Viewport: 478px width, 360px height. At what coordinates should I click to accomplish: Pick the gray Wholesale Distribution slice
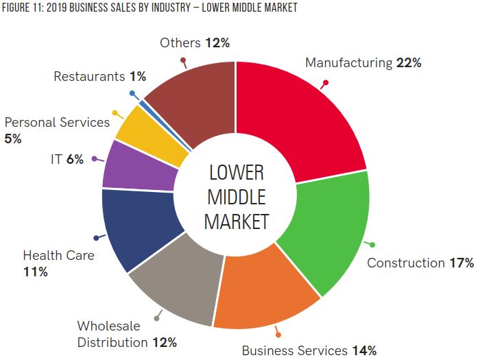click(x=178, y=281)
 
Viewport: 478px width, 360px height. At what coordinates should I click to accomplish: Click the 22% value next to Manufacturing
click(x=409, y=63)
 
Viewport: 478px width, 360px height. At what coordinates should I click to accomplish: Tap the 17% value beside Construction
click(x=461, y=263)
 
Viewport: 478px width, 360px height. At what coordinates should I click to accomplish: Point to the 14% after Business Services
click(x=363, y=350)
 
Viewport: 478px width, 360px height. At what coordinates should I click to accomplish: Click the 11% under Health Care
click(x=36, y=272)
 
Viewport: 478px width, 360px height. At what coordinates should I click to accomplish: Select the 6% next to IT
click(x=75, y=159)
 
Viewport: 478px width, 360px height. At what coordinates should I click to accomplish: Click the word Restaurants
click(x=89, y=77)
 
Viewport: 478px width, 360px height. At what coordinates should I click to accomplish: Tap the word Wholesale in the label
click(x=109, y=326)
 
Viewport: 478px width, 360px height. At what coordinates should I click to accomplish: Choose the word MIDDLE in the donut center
click(x=236, y=197)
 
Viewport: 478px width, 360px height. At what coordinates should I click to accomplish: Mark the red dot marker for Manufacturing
click(x=326, y=83)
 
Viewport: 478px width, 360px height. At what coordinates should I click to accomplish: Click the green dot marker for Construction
click(x=372, y=244)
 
